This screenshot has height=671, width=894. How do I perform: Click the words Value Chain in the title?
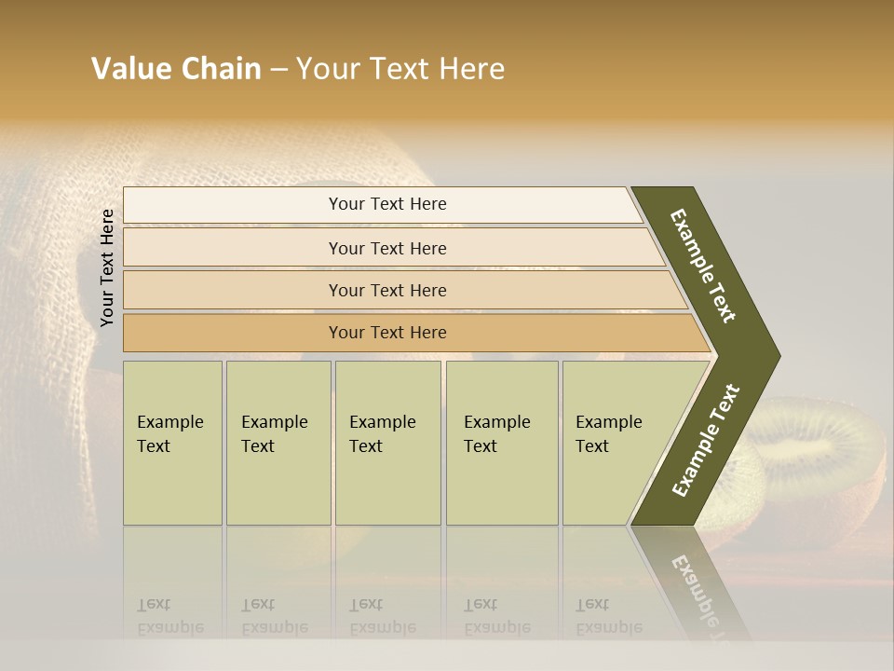(x=176, y=69)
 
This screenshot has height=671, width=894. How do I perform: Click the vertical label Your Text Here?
(x=107, y=267)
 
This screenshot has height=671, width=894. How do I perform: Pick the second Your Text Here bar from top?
(x=387, y=248)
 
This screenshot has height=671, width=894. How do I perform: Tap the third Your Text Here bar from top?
(x=387, y=290)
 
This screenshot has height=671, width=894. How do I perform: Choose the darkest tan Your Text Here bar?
(x=387, y=333)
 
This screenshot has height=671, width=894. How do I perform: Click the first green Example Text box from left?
(x=172, y=443)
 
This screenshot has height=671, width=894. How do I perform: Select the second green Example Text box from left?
(x=278, y=443)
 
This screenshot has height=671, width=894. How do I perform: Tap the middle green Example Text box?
(x=387, y=443)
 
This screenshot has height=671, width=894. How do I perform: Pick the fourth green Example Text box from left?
(x=502, y=443)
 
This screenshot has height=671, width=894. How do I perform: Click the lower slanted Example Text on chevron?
(x=705, y=441)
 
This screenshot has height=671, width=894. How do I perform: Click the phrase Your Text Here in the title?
(x=400, y=69)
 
